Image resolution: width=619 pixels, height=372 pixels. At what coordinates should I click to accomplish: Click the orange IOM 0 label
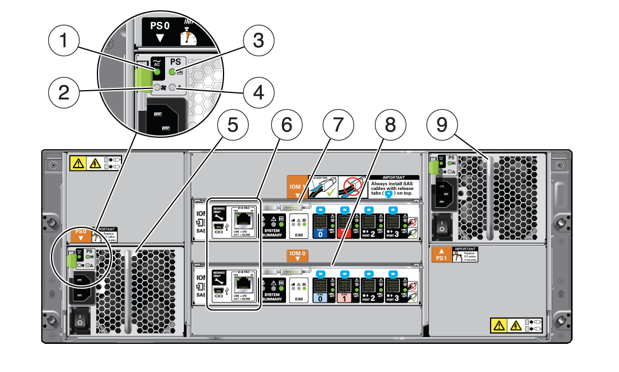(x=296, y=255)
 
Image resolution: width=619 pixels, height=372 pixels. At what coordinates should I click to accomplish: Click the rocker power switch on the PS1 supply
(x=441, y=226)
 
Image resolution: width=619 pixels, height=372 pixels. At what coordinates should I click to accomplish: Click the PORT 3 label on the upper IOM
(x=393, y=234)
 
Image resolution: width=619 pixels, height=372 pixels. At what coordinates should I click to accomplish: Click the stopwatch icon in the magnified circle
(x=187, y=35)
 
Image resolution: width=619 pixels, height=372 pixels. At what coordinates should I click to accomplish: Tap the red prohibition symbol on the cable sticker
(x=352, y=187)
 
